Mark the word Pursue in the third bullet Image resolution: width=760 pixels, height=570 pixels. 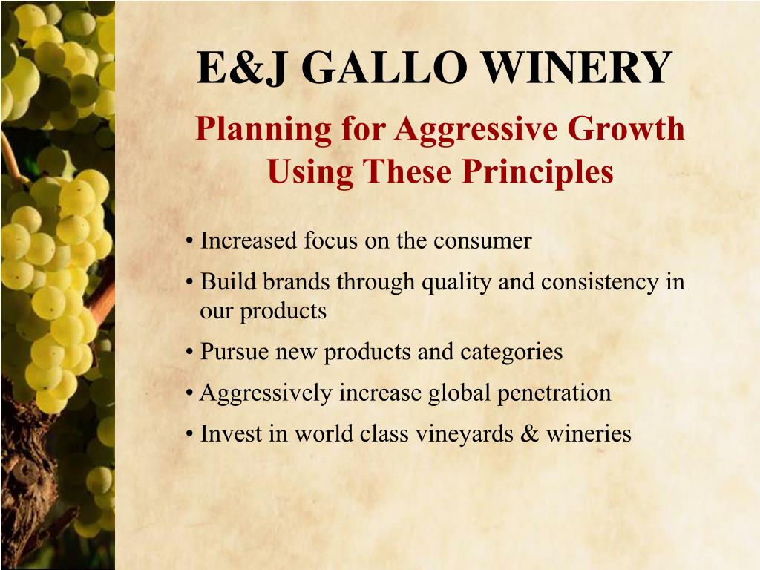pos(235,351)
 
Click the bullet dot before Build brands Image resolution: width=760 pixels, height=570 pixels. pos(191,283)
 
